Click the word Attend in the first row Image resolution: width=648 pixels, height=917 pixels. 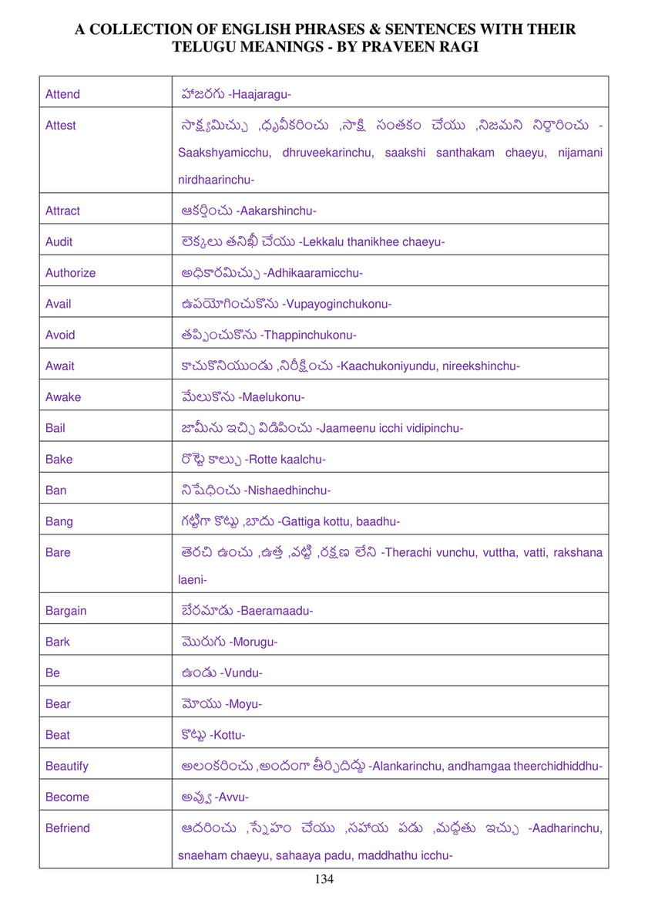(62, 94)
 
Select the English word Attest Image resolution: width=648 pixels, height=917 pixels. (61, 125)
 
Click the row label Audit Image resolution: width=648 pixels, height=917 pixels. (59, 241)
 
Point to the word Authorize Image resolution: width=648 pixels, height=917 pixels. (70, 272)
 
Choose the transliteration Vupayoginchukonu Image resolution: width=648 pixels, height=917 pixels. (337, 304)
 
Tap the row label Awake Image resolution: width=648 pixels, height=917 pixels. (62, 397)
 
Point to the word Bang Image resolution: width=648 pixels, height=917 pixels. (59, 521)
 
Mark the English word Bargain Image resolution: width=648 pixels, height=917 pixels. (65, 611)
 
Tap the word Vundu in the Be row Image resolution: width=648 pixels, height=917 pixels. (241, 673)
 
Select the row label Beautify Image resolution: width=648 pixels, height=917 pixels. (66, 766)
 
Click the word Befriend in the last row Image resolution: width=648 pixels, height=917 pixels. (67, 828)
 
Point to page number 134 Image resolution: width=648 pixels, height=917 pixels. (324, 879)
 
